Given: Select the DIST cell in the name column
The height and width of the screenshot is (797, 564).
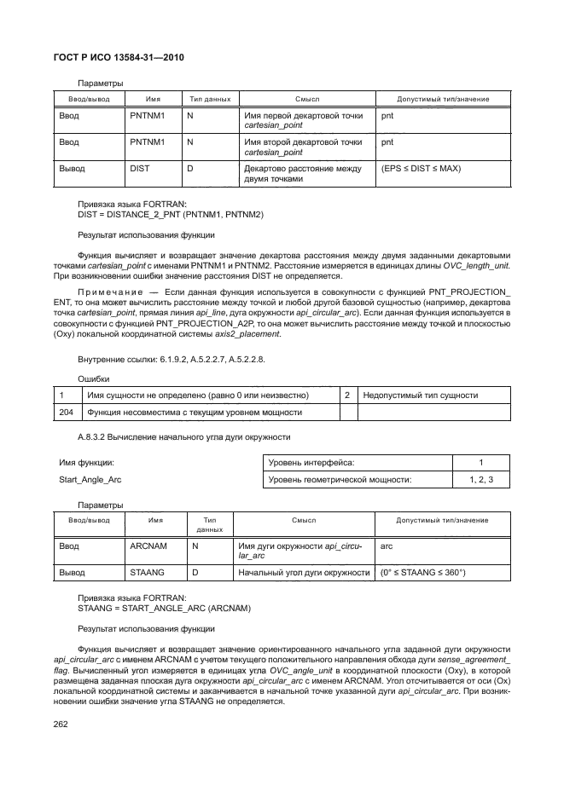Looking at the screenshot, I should pos(139,169).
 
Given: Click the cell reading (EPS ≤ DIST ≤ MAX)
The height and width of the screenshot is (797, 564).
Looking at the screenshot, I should pos(421,169).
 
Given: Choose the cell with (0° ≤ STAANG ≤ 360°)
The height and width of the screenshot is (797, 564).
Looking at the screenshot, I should pos(422,573).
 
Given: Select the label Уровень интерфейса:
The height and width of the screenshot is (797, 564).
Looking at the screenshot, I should pos(311,462).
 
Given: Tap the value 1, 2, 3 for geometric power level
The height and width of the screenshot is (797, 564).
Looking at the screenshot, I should pos(481,480).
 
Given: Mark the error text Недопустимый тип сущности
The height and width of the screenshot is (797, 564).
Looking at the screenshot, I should pos(420,395).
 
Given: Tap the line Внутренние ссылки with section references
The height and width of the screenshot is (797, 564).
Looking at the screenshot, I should pos(171,360).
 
